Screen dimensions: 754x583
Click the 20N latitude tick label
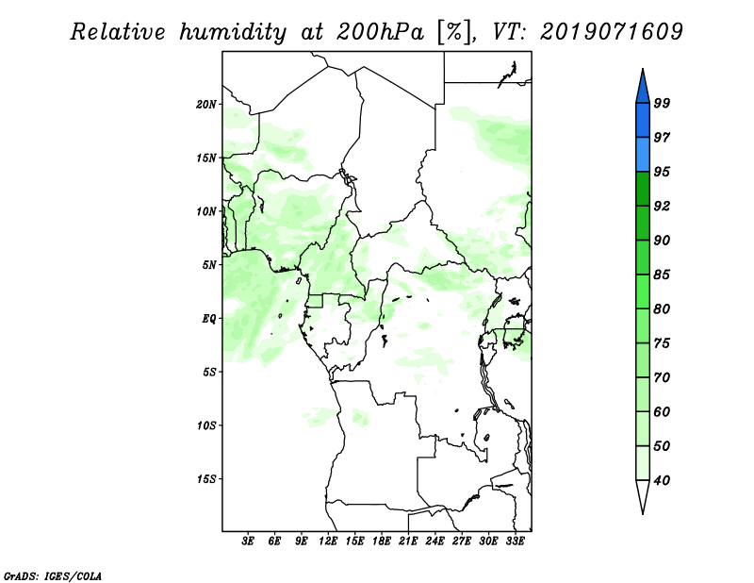tap(206, 105)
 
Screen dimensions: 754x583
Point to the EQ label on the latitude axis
tap(208, 319)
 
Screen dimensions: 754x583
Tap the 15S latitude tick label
tap(206, 479)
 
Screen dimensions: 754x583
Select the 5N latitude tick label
tap(209, 265)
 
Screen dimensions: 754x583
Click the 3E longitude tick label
tap(248, 541)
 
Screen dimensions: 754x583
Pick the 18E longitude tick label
tap(382, 541)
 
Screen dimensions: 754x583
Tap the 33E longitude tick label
tap(515, 541)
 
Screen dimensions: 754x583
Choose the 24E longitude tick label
tap(434, 541)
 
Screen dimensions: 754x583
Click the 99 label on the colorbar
tap(662, 103)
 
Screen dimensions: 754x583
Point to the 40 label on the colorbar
tap(662, 480)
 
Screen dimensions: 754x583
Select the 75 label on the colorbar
tap(662, 343)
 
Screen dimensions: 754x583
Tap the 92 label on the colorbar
tap(662, 206)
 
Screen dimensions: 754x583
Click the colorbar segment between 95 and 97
tap(643, 155)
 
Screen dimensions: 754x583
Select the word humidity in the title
tap(233, 32)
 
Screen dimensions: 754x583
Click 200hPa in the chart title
tap(380, 32)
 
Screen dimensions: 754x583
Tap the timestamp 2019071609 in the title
tap(611, 31)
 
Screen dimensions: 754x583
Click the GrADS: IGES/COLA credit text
tap(53, 575)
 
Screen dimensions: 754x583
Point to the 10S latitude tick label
tap(206, 425)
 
